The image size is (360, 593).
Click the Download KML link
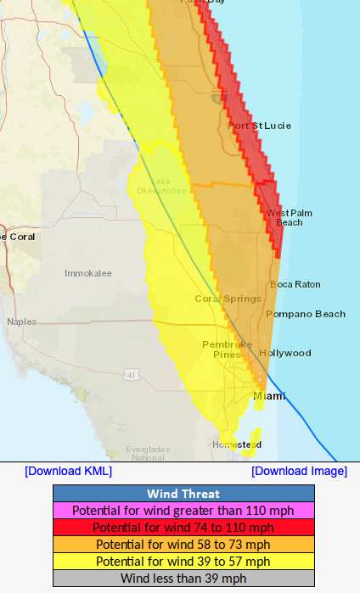(68, 471)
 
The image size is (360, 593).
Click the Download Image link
(299, 471)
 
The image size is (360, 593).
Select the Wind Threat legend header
(183, 494)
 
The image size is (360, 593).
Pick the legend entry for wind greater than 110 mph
(183, 511)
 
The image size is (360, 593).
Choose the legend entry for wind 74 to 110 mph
(183, 528)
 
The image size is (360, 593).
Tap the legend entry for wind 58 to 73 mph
(183, 545)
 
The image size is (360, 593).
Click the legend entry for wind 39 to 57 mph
(183, 562)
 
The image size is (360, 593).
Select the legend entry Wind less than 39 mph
(183, 579)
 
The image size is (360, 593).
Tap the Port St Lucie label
(260, 126)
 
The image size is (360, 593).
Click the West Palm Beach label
(285, 217)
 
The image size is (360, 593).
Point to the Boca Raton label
(295, 284)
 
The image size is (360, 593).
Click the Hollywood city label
(285, 353)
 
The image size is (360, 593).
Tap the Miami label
(270, 396)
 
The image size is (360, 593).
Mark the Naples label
(22, 322)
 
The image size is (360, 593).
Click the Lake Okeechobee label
(160, 186)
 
